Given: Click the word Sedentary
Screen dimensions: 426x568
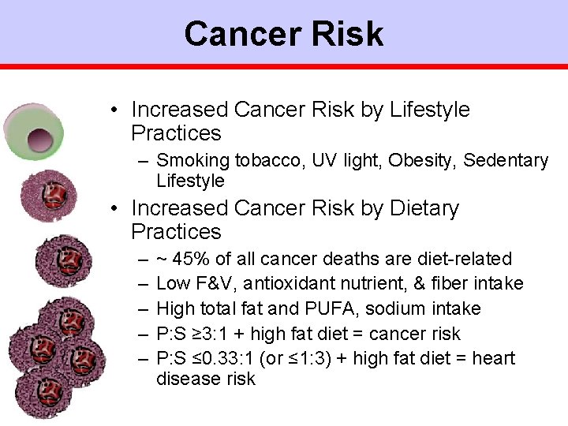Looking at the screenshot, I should click(506, 161).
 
